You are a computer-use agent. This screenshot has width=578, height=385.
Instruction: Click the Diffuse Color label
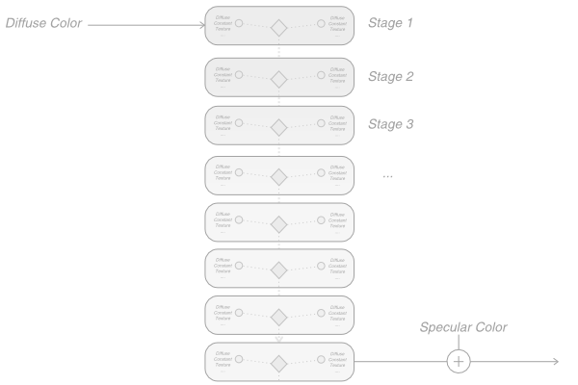[x=43, y=23]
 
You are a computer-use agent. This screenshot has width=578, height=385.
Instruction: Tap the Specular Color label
[x=463, y=327]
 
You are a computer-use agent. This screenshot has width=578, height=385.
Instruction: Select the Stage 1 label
[x=390, y=22]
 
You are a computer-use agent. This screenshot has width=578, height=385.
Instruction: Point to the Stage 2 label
[x=390, y=76]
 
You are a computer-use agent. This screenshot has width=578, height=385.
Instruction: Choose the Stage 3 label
[x=390, y=124]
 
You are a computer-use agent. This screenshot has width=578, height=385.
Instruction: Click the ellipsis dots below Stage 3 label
[x=387, y=176]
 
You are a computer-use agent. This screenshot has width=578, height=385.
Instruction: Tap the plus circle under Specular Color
[x=459, y=361]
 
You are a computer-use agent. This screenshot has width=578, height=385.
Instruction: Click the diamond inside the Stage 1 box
[x=279, y=27]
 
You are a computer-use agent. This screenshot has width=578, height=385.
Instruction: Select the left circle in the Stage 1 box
[x=239, y=21]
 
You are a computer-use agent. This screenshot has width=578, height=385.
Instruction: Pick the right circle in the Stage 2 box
[x=321, y=72]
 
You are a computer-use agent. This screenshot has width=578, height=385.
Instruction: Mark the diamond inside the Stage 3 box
[x=279, y=127]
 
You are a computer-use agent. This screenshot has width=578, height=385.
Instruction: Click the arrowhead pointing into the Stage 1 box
[x=201, y=25]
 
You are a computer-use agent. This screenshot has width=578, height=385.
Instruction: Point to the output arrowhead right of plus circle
[x=555, y=361]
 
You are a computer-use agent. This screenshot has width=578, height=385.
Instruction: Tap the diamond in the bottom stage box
[x=279, y=364]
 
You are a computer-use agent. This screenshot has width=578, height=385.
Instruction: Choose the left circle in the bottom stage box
[x=239, y=358]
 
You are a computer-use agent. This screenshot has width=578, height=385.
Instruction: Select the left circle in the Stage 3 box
[x=239, y=121]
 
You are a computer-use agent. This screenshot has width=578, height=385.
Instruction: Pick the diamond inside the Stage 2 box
[x=279, y=79]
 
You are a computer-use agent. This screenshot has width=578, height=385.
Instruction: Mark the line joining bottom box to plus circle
[x=400, y=361]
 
